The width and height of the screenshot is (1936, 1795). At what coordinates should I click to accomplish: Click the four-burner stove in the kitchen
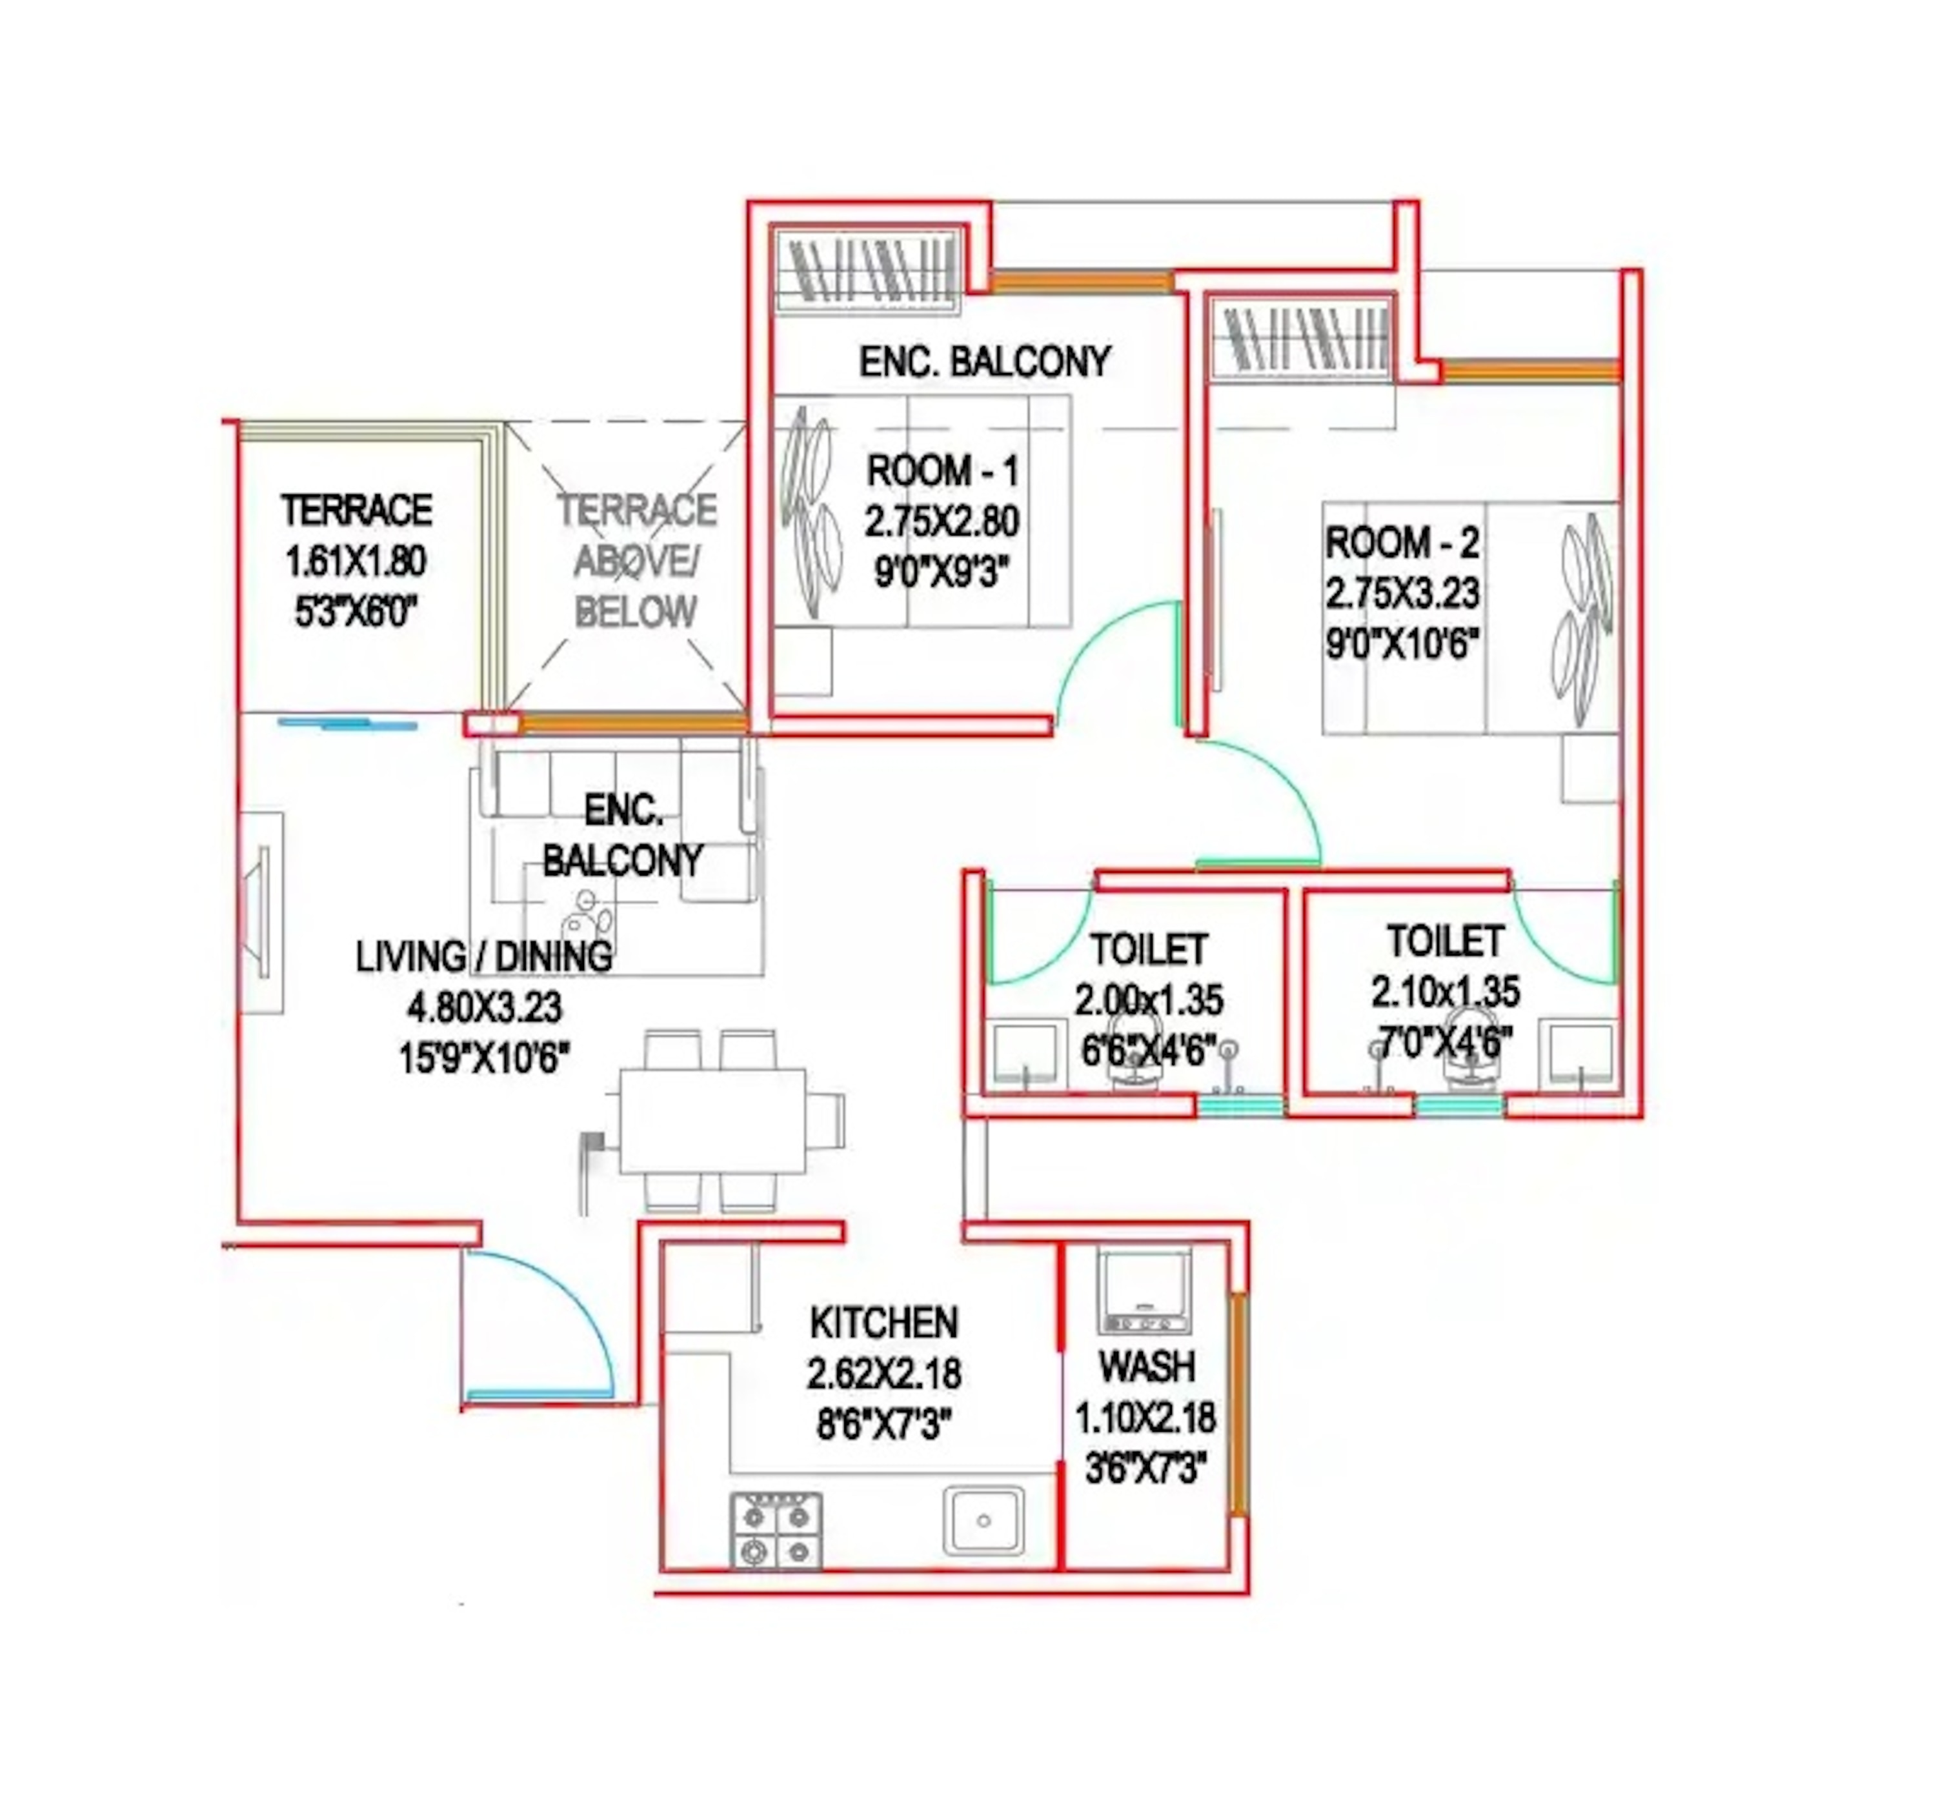click(x=774, y=1530)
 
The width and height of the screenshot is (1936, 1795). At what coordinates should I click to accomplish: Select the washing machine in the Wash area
click(x=1144, y=1290)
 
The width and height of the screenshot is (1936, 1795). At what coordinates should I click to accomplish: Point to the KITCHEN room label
click(x=883, y=1322)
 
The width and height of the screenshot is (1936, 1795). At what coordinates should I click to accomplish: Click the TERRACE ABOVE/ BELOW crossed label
click(x=636, y=561)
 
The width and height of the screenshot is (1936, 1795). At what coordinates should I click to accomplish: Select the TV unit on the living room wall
click(x=262, y=913)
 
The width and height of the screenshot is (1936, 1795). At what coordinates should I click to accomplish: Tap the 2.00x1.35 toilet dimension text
click(x=1148, y=999)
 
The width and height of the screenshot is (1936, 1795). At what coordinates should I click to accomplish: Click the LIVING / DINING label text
click(x=483, y=957)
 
